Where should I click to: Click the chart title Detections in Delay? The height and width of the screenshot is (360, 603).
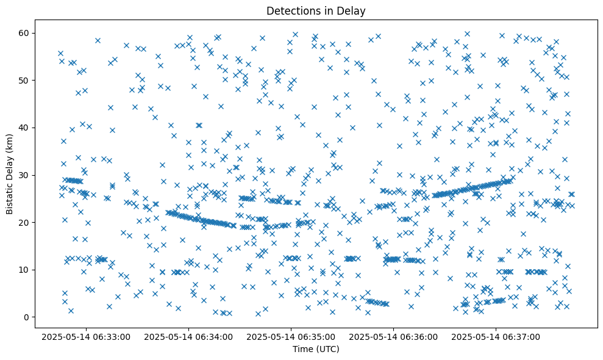tap(316, 10)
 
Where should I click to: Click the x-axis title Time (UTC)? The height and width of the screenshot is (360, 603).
tap(316, 349)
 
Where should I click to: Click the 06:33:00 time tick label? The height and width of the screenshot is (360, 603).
tap(85, 336)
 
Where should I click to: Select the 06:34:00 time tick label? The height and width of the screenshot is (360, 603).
tap(188, 336)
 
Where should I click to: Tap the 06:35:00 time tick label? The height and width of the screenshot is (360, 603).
tap(291, 336)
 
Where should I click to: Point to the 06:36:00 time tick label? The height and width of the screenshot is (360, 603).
tap(393, 336)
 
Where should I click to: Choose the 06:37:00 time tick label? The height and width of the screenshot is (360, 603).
tap(496, 336)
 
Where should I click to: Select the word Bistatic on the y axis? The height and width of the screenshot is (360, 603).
tap(10, 196)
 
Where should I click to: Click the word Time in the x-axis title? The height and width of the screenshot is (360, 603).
tap(302, 349)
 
